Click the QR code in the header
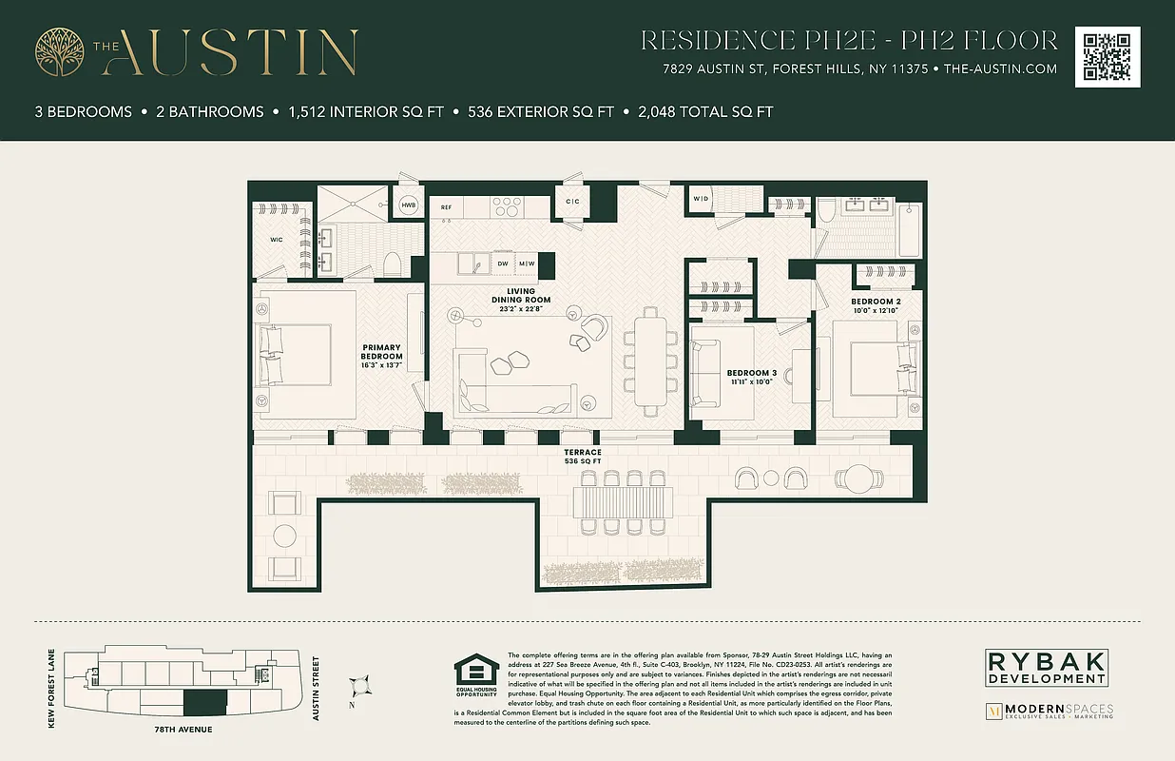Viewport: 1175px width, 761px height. [x=1108, y=57]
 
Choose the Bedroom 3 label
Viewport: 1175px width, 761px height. [x=751, y=377]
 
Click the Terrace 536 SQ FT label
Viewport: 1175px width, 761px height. [x=582, y=457]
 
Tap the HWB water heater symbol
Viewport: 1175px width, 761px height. [x=409, y=205]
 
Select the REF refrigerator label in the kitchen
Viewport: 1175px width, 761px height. [x=446, y=206]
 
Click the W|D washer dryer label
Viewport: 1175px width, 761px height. [x=701, y=199]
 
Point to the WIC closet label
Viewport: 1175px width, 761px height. [x=276, y=240]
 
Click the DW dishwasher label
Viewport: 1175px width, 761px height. [x=504, y=263]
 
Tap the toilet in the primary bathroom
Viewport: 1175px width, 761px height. [x=391, y=263]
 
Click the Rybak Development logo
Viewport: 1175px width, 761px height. [x=1045, y=667]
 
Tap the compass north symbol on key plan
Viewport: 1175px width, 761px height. [x=359, y=685]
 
